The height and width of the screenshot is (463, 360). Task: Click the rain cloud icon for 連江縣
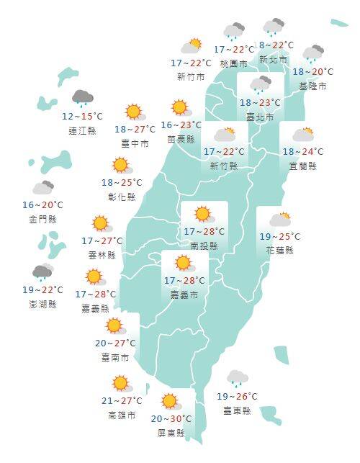click(83, 99)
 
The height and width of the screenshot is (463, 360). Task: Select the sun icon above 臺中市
click(134, 112)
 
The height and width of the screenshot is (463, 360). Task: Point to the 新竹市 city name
click(190, 76)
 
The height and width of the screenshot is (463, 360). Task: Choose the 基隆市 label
click(312, 86)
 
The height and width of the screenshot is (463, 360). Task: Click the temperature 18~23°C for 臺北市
click(260, 102)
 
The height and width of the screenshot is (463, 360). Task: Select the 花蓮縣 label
click(279, 250)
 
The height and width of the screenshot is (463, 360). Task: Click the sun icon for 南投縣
click(203, 214)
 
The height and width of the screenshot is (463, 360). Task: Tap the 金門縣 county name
click(42, 219)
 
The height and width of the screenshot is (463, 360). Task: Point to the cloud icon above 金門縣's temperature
click(42, 189)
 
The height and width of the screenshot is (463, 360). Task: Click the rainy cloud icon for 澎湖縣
click(42, 272)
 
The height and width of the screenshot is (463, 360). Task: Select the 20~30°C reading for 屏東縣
click(171, 419)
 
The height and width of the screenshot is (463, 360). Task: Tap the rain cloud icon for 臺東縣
click(237, 378)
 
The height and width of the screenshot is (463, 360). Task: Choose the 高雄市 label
click(120, 415)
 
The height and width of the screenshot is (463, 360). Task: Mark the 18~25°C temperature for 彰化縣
click(122, 183)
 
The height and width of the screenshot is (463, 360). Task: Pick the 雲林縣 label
click(102, 254)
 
